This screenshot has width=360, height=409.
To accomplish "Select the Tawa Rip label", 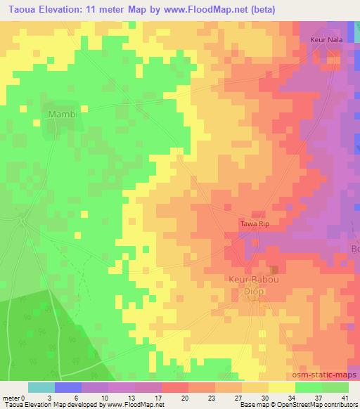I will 255,223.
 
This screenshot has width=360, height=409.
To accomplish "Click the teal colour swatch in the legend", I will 42,387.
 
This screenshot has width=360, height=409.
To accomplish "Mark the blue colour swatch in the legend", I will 68,387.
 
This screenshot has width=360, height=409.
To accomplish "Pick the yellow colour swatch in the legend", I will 282,387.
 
